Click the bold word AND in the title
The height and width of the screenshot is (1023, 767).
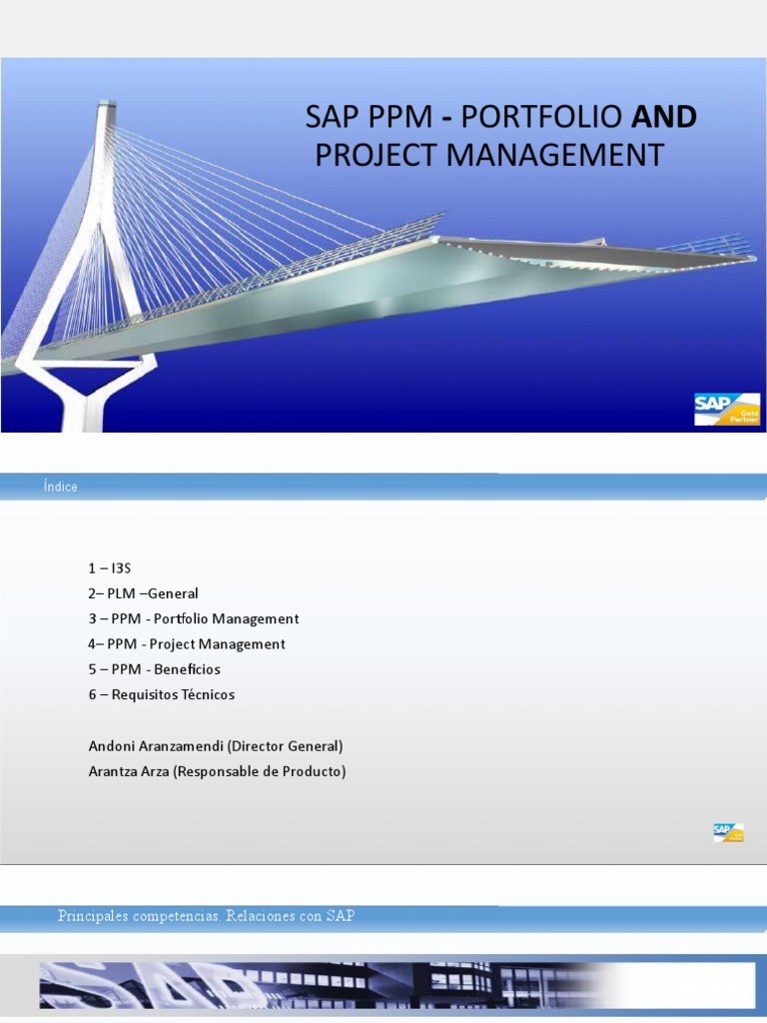(x=664, y=117)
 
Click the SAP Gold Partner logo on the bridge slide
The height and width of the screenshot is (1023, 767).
(x=727, y=409)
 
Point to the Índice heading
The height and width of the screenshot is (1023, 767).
(x=60, y=487)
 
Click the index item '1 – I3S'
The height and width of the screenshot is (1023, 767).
(x=110, y=568)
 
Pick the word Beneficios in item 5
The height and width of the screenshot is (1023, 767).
(x=187, y=669)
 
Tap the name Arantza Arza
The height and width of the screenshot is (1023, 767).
(x=129, y=771)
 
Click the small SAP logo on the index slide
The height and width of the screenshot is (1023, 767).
(x=728, y=832)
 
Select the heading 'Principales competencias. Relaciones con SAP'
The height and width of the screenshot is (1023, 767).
(x=206, y=916)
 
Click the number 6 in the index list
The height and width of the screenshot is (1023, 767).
(x=92, y=694)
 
